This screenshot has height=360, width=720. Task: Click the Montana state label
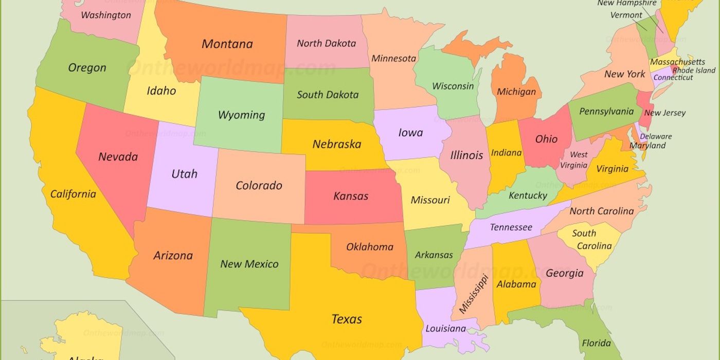point(227,44)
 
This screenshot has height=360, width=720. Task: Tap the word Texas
point(347,319)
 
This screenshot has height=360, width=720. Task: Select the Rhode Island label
point(694,70)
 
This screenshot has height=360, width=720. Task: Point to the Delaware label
point(656,137)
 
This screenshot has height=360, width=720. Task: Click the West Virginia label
point(574,160)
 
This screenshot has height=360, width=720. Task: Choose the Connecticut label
point(673,78)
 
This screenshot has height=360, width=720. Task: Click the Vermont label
point(626,15)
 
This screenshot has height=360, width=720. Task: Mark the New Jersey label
point(664,113)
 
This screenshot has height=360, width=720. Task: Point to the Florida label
point(596,343)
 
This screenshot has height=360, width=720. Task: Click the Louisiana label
point(445,329)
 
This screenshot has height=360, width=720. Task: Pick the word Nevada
point(118,156)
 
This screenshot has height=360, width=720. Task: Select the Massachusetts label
point(677,62)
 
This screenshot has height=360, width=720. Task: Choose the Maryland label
point(647,146)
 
